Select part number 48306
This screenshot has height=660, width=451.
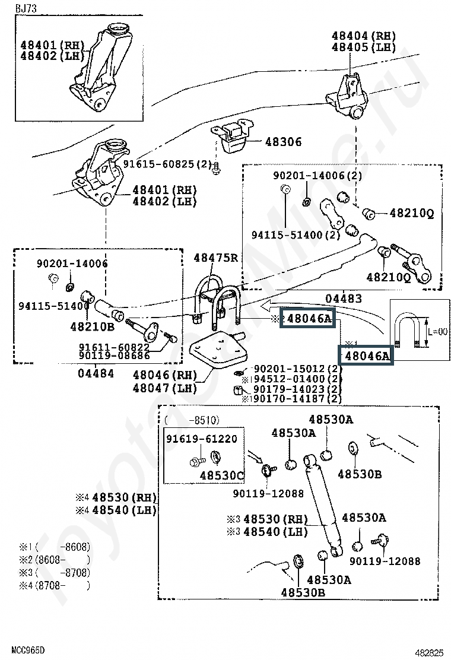tap(283, 142)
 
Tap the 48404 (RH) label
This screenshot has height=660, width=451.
tap(363, 36)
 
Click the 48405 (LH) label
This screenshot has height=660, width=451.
tap(363, 47)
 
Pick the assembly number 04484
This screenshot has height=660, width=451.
tap(96, 373)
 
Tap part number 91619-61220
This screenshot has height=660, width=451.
tap(201, 439)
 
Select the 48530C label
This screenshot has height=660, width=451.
tap(221, 475)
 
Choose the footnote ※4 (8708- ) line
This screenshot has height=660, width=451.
tap(54, 586)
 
